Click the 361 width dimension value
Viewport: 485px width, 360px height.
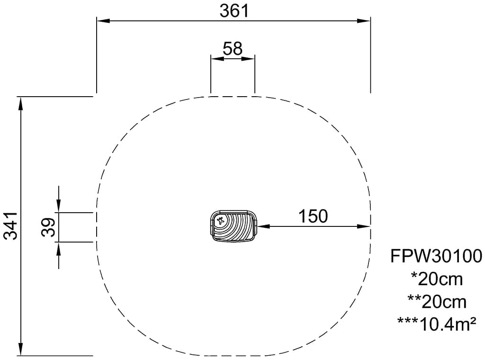(x=234, y=11)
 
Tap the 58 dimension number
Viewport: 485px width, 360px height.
(x=233, y=49)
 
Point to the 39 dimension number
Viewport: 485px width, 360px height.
(x=48, y=227)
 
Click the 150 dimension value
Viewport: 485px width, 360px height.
(x=313, y=216)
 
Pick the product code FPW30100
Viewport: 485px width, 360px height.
(x=436, y=256)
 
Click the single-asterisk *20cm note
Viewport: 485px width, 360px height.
(x=437, y=279)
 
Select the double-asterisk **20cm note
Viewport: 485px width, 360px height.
(x=437, y=302)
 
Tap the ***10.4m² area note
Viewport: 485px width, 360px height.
(x=436, y=324)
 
